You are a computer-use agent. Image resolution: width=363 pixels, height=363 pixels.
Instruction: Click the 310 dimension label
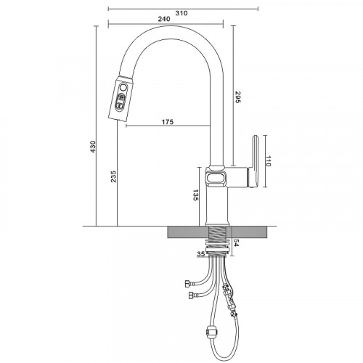click(181, 13)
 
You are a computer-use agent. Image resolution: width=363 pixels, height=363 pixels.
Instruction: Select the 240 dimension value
click(164, 19)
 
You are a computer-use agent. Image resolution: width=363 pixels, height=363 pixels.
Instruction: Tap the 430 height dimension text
click(93, 147)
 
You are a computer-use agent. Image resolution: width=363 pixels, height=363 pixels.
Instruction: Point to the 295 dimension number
click(237, 97)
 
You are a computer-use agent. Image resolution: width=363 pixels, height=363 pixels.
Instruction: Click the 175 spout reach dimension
click(168, 121)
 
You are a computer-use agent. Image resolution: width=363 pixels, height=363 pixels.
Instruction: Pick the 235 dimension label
click(113, 176)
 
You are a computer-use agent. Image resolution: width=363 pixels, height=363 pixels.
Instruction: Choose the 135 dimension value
click(195, 195)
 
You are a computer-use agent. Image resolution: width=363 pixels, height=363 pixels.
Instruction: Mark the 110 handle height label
click(269, 161)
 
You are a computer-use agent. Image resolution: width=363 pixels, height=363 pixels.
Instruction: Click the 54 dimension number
click(237, 242)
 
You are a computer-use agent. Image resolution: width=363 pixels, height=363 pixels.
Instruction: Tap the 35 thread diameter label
click(200, 254)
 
